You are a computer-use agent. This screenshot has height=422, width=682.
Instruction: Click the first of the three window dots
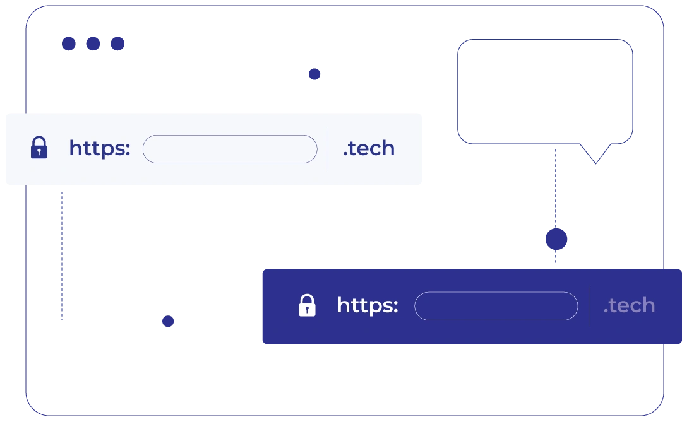pos(69,44)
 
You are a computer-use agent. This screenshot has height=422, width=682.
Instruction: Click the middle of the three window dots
pos(93,44)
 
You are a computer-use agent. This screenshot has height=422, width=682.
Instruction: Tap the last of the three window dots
pos(117,44)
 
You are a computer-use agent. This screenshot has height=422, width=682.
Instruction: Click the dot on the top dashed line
pos(314,74)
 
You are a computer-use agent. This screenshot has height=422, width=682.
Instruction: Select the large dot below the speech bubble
pos(556,239)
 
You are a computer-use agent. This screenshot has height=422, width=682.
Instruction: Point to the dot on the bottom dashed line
pos(168,321)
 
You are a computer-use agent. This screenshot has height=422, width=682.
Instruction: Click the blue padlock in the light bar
pos(39,148)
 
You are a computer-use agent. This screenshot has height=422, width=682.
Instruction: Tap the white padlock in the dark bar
pos(307,305)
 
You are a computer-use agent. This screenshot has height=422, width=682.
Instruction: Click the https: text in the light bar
pos(100,148)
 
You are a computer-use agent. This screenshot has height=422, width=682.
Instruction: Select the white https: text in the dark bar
pos(368,305)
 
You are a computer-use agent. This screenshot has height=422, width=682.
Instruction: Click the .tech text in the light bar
pos(369,148)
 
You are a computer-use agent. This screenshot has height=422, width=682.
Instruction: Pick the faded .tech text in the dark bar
pos(629,305)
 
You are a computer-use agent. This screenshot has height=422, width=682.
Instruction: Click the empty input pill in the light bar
pos(230,149)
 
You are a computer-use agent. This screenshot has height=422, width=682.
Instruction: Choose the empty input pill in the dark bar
pos(496,306)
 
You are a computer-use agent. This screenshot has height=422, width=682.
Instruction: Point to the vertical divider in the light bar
pos(328,149)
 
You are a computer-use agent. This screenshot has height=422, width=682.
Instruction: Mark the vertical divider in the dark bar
pos(589,306)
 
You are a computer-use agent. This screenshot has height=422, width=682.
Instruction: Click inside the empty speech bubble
pos(545,91)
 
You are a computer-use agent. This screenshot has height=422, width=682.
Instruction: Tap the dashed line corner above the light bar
pos(93,74)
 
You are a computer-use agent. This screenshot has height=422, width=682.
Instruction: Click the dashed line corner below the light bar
pos(62,320)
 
